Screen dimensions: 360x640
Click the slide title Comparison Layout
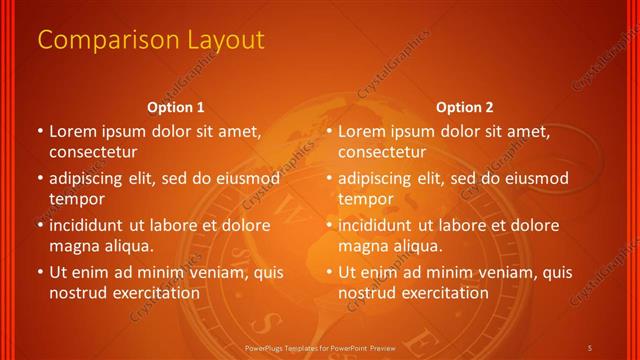[x=150, y=40]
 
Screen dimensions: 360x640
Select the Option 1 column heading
[x=176, y=107]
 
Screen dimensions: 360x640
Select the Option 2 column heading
[x=465, y=107]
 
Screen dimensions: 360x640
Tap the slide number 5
[x=591, y=346]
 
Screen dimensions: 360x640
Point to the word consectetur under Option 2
[x=382, y=152]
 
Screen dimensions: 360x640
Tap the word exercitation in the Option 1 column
[x=154, y=293]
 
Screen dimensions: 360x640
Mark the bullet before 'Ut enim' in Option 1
[x=39, y=272]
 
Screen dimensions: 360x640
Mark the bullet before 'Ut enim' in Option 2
[x=329, y=272]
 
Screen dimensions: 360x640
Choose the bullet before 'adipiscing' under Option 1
[x=39, y=179]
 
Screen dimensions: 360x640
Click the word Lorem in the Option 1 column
[x=71, y=131]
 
